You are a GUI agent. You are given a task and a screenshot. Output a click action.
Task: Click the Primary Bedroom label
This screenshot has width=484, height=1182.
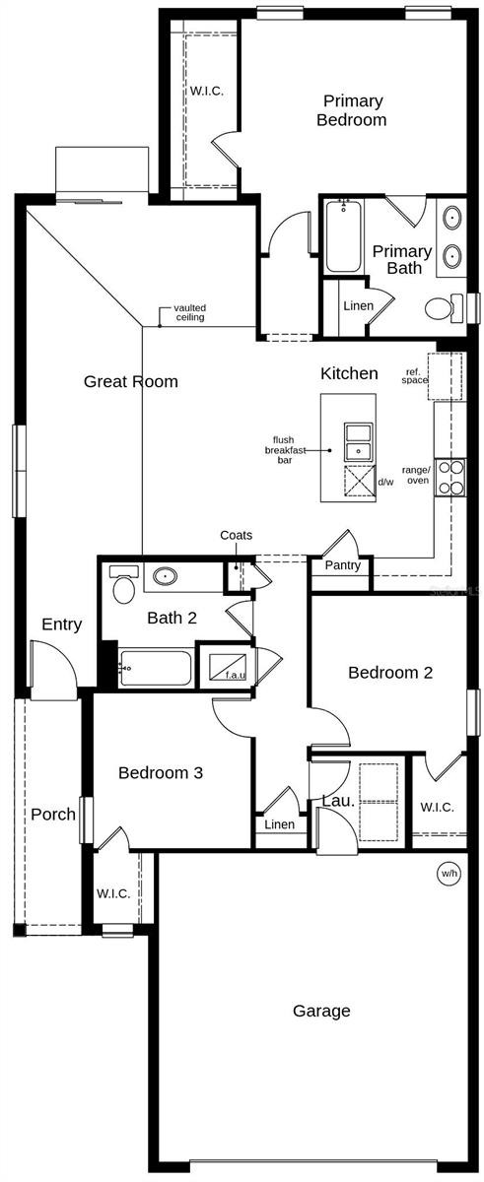(352, 110)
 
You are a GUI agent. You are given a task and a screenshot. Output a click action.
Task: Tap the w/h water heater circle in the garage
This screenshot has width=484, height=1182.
(449, 874)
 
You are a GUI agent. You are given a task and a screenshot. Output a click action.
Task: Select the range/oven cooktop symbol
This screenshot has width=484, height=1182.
(450, 478)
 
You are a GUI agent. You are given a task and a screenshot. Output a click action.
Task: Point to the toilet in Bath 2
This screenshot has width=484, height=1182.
(123, 584)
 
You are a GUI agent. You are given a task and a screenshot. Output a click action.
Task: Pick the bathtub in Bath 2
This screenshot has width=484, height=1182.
(155, 669)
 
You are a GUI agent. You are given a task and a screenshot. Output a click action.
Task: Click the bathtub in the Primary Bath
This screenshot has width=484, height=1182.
(343, 236)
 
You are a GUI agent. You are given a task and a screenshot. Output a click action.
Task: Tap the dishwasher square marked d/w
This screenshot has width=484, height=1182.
(360, 482)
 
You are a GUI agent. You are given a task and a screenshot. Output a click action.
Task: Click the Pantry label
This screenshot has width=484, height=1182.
(343, 565)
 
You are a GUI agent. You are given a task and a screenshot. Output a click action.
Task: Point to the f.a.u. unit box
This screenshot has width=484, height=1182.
(228, 667)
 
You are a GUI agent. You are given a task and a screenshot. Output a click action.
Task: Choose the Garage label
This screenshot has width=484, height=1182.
(321, 1011)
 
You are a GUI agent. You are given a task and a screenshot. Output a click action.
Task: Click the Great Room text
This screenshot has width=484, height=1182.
(131, 381)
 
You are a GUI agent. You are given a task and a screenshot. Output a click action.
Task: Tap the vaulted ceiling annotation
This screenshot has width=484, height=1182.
(190, 312)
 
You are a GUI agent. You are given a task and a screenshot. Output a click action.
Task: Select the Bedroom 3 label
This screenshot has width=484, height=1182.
(161, 772)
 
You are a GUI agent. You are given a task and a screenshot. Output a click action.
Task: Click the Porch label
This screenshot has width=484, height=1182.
(53, 815)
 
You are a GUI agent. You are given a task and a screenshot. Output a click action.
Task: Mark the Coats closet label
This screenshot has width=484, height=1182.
(236, 535)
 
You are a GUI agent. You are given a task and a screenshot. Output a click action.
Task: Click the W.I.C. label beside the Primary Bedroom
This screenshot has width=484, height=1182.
(206, 91)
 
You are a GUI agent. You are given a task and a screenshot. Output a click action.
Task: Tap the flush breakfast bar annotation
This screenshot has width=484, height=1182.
(285, 449)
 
